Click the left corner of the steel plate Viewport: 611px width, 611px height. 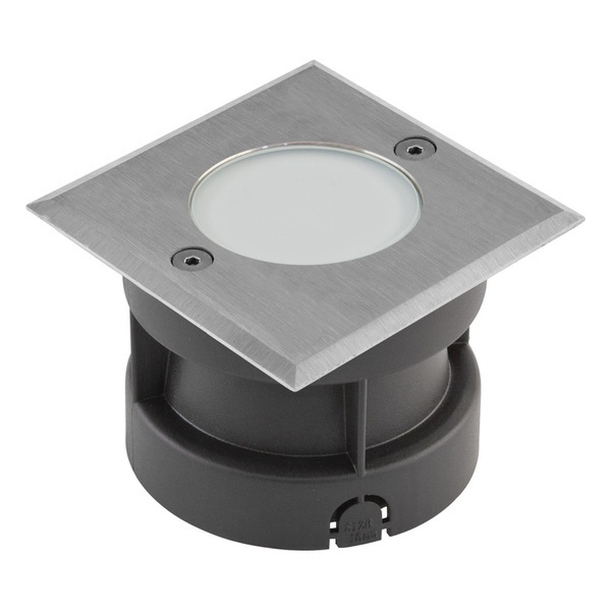coord(29,208)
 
